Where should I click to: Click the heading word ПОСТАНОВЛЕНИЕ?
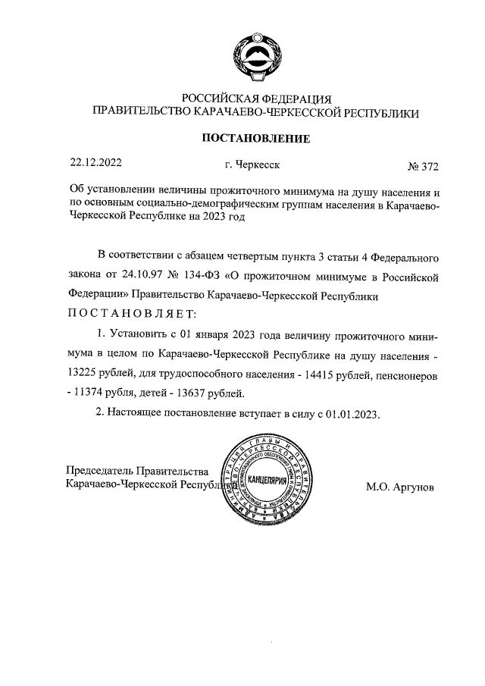[255, 138]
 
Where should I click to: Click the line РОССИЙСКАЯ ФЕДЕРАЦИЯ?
[255, 99]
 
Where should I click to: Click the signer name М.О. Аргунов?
[400, 486]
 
